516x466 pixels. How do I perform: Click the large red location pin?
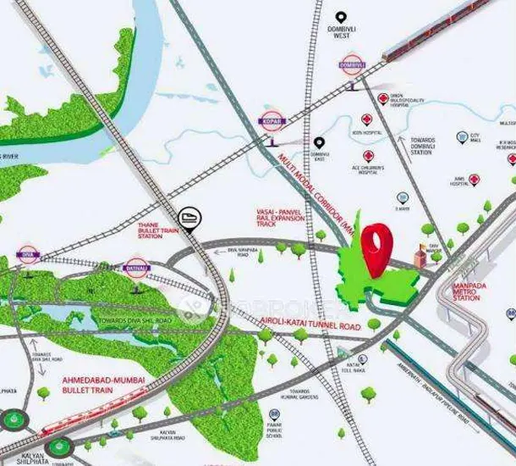(x=376, y=246)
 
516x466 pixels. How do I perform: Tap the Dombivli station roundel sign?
(x=351, y=64)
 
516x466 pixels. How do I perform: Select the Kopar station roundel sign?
(x=272, y=121)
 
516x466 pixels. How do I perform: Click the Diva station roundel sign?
(x=28, y=254)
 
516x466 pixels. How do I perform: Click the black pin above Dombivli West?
(x=341, y=18)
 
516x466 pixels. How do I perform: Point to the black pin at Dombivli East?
(x=319, y=144)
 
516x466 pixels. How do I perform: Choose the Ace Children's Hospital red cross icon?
(x=369, y=157)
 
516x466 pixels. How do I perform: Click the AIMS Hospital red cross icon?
(x=474, y=180)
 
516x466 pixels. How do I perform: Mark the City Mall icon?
(x=462, y=137)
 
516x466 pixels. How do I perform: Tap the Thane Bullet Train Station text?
(x=153, y=230)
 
